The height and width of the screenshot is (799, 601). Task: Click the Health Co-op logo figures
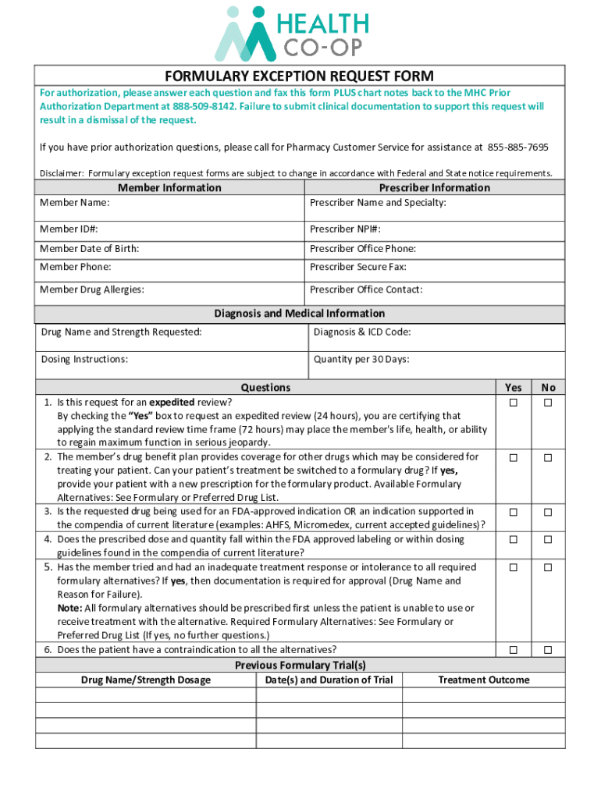246,34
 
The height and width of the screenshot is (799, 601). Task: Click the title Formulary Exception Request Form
299,76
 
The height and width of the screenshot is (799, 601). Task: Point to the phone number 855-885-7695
517,147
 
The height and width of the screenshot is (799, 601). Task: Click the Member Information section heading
169,187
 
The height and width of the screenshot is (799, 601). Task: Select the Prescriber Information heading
435,187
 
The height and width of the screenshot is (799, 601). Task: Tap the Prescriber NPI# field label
345,229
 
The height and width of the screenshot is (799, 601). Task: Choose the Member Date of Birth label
90,249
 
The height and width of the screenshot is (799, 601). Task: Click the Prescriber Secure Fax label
357,267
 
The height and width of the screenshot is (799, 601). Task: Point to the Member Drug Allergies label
92,289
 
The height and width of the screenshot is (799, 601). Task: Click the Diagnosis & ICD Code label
362,332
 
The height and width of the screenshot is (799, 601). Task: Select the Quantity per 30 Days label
361,360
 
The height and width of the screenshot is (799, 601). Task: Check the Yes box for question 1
514,403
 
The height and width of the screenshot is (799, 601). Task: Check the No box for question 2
548,457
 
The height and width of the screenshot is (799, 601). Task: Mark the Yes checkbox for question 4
514,539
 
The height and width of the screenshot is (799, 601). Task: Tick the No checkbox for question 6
548,650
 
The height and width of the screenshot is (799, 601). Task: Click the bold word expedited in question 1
172,402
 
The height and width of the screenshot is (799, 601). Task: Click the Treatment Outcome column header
484,680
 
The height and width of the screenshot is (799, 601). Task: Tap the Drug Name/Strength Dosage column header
146,680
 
